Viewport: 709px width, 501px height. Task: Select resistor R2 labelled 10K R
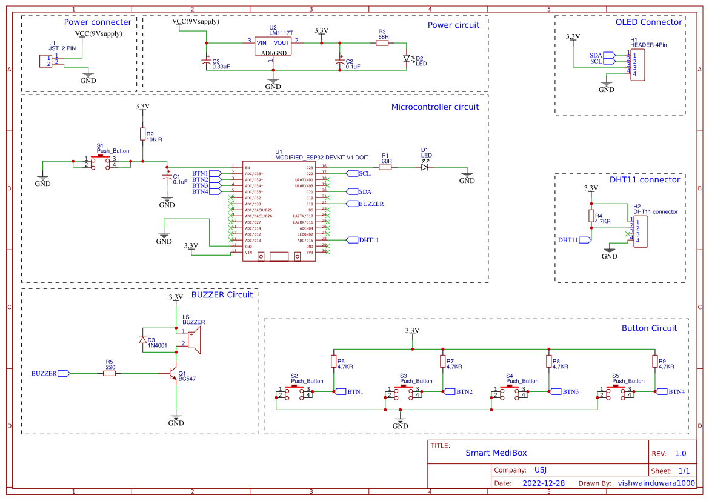tap(142, 134)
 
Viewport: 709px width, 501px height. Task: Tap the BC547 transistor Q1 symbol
tap(173, 374)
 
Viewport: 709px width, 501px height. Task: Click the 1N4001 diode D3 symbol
tap(142, 340)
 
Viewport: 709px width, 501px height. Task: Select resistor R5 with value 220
tap(109, 374)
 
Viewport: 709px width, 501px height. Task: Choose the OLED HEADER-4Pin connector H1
tap(637, 65)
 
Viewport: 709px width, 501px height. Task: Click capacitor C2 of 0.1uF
tap(339, 61)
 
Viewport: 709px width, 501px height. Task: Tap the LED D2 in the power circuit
tap(407, 59)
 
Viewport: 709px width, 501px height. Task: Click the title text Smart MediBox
tap(496, 453)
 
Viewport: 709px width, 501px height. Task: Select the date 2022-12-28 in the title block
tap(543, 483)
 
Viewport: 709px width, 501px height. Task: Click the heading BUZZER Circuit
tap(222, 295)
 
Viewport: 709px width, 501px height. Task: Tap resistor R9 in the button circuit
tap(654, 362)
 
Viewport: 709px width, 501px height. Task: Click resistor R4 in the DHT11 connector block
tap(591, 216)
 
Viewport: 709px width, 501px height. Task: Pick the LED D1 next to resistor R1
tap(425, 167)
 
